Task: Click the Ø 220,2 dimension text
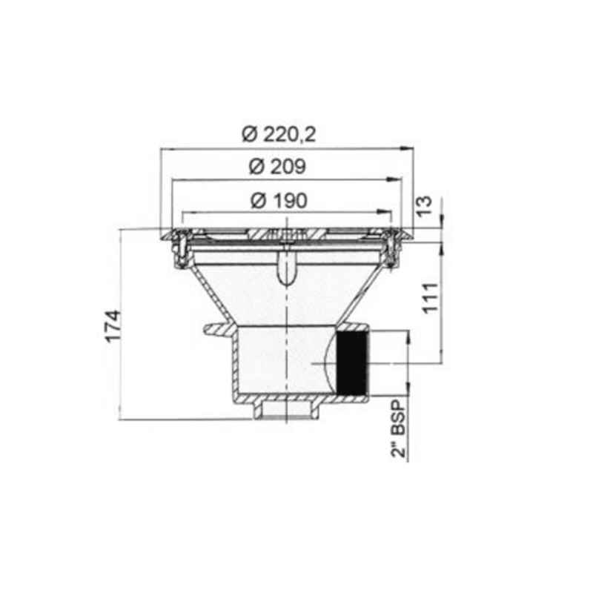[x=278, y=134]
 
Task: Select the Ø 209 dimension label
[x=278, y=167]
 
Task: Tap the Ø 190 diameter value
[x=279, y=199]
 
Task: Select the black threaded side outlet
[x=352, y=363]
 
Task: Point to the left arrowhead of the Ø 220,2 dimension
[x=165, y=148]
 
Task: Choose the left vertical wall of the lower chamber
[x=235, y=363]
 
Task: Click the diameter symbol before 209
[x=256, y=167]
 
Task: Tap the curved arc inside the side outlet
[x=326, y=363]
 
